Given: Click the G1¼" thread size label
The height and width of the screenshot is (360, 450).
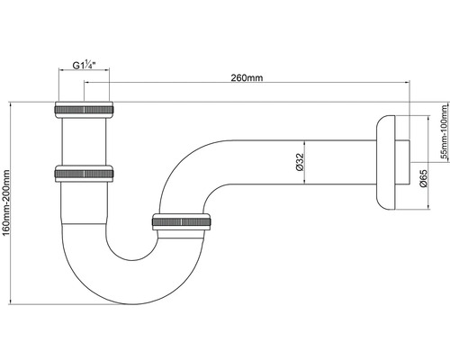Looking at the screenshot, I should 85,67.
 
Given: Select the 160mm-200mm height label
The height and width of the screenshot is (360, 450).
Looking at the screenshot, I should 8,203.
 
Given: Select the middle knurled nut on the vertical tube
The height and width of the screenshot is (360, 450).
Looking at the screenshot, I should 85,172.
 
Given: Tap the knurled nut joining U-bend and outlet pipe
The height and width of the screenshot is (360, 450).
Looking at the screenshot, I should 183,222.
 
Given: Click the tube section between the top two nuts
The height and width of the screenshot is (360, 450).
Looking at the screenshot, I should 85,141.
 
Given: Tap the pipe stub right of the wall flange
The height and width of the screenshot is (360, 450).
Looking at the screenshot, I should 406,162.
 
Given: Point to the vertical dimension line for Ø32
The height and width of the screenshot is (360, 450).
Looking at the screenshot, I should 309,163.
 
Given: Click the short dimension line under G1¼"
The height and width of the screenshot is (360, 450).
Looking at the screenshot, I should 85,75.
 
